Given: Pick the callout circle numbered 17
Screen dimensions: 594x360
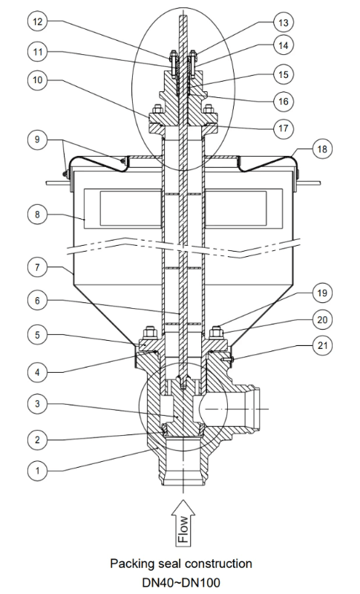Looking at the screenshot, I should (282, 128).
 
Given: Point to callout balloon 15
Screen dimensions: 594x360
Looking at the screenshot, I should (282, 74).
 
